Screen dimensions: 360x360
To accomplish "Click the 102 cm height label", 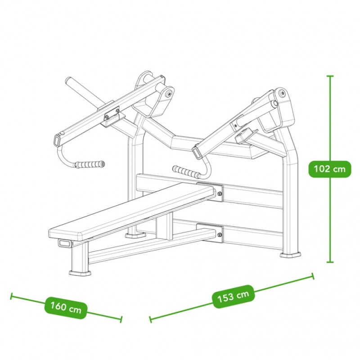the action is pyautogui.click(x=329, y=169).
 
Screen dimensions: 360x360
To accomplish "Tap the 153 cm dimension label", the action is pyautogui.click(x=233, y=296).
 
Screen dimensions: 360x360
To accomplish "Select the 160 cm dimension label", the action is pyautogui.click(x=66, y=308).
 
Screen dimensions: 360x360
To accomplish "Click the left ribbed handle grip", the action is pyautogui.click(x=90, y=164).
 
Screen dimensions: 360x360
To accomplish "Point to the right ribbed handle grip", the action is pyautogui.click(x=186, y=171).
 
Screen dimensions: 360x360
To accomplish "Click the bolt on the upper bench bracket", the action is pyautogui.click(x=219, y=194).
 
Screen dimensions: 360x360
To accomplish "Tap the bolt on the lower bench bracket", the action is pyautogui.click(x=220, y=234).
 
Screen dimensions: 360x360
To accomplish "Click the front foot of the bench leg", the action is pyautogui.click(x=80, y=273).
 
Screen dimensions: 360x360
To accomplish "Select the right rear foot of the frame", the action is pyautogui.click(x=290, y=255).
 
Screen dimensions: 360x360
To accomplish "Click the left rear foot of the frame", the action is pyautogui.click(x=135, y=235).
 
